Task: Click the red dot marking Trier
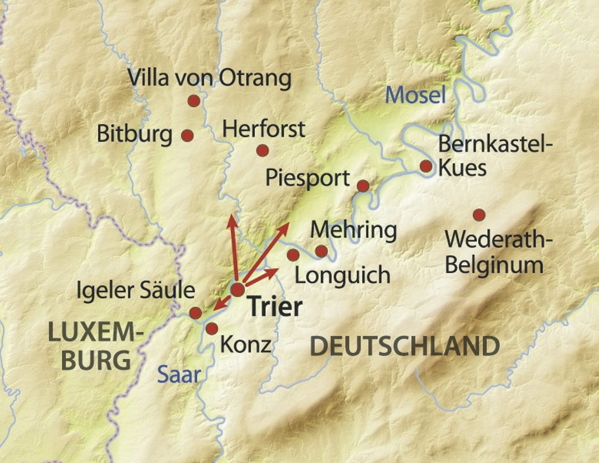pos(238,289)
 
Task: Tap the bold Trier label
pos(275,307)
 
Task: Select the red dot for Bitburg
pos(187,136)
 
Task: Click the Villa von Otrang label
pos(209,78)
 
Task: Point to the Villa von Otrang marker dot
pos(194,101)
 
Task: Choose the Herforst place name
pos(263,129)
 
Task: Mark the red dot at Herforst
pos(262,151)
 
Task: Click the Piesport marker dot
pos(363,186)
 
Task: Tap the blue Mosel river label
pos(415,95)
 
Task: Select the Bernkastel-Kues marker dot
pos(426,166)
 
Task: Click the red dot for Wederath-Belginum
pos(479,215)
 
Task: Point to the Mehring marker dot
pos(321,251)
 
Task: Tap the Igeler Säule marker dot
pos(196,313)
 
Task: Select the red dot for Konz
pos(212,328)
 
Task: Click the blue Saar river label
pos(178,375)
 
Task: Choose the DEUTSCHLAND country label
pos(405,346)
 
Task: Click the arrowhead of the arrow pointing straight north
pos(231,220)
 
